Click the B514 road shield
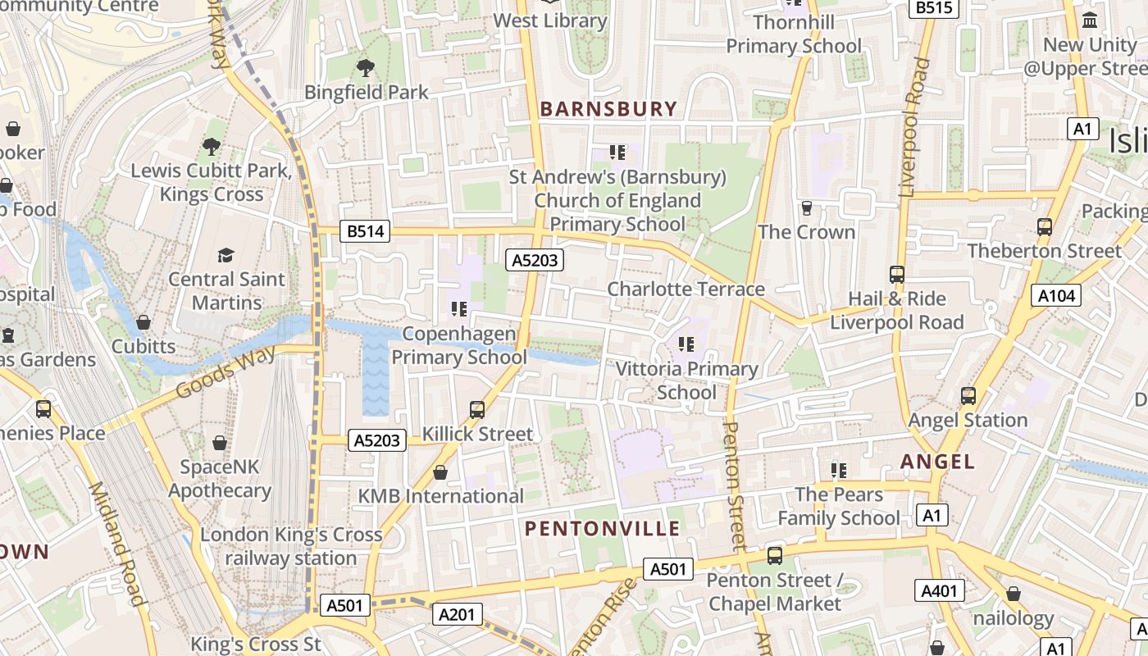pos(365,231)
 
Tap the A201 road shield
pos(457,614)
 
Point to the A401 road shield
pos(940,590)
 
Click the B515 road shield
pos(935,7)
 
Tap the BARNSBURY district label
pos(608,109)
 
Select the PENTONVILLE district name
pos(603,528)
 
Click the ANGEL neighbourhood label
pos(938,462)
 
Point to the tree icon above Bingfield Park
pos(366,68)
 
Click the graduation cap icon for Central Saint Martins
pos(225,255)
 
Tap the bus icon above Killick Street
pos(477,409)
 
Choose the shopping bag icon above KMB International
pos(440,472)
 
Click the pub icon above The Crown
pos(806,208)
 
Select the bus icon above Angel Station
pos(968,396)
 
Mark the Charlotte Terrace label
pos(686,289)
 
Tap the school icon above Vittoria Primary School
pos(686,344)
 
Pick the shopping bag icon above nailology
pos(1014,594)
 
